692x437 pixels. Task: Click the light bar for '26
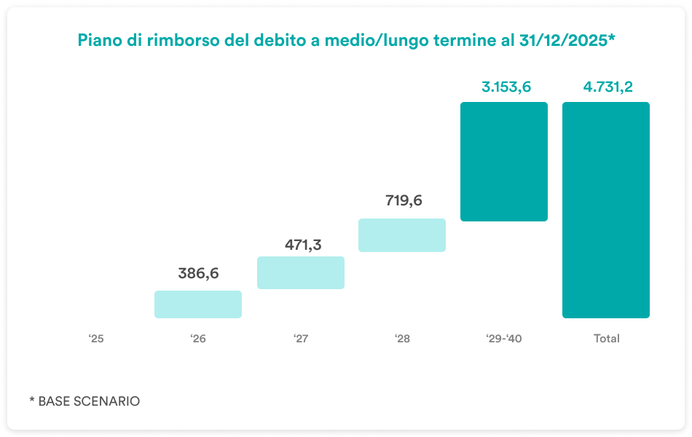click(198, 304)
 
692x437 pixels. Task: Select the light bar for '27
click(300, 272)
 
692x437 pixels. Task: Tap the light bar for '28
click(402, 235)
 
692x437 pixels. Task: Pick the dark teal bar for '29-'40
click(504, 162)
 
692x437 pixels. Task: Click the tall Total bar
click(606, 210)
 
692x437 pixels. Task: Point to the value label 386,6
click(198, 274)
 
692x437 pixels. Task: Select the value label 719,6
click(404, 201)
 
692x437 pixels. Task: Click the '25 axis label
click(97, 339)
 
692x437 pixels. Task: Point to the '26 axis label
click(198, 339)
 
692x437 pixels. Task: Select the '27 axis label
click(300, 339)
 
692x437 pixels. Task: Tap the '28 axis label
click(402, 339)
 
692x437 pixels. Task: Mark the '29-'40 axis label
click(504, 339)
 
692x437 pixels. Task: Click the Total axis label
click(606, 339)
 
